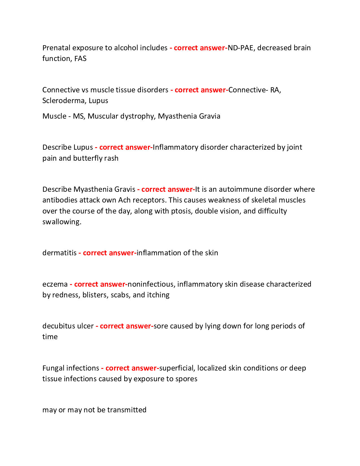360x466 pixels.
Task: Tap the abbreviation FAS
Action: [80, 58]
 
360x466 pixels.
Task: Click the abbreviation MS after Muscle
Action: [78, 116]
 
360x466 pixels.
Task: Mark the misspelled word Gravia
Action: [210, 116]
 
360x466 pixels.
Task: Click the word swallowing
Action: [62, 222]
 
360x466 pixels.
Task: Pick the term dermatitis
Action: [59, 253]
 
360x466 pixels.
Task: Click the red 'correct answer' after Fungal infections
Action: [131, 368]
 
